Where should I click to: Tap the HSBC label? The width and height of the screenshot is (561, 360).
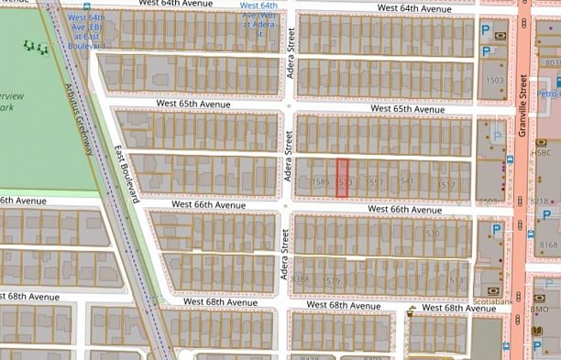click(540, 142)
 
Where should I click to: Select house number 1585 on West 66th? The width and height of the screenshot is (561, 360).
click(320, 182)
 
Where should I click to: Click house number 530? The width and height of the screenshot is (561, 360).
click(434, 234)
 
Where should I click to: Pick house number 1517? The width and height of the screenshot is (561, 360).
click(447, 185)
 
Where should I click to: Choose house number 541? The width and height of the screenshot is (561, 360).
click(407, 181)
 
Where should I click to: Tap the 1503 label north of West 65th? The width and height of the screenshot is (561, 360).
click(495, 81)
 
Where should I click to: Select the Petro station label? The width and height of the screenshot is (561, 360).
click(548, 93)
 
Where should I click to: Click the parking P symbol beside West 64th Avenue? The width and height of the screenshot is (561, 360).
click(485, 29)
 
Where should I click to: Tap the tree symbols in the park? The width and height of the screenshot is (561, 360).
click(38, 45)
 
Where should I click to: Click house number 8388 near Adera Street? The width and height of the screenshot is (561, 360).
click(299, 279)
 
